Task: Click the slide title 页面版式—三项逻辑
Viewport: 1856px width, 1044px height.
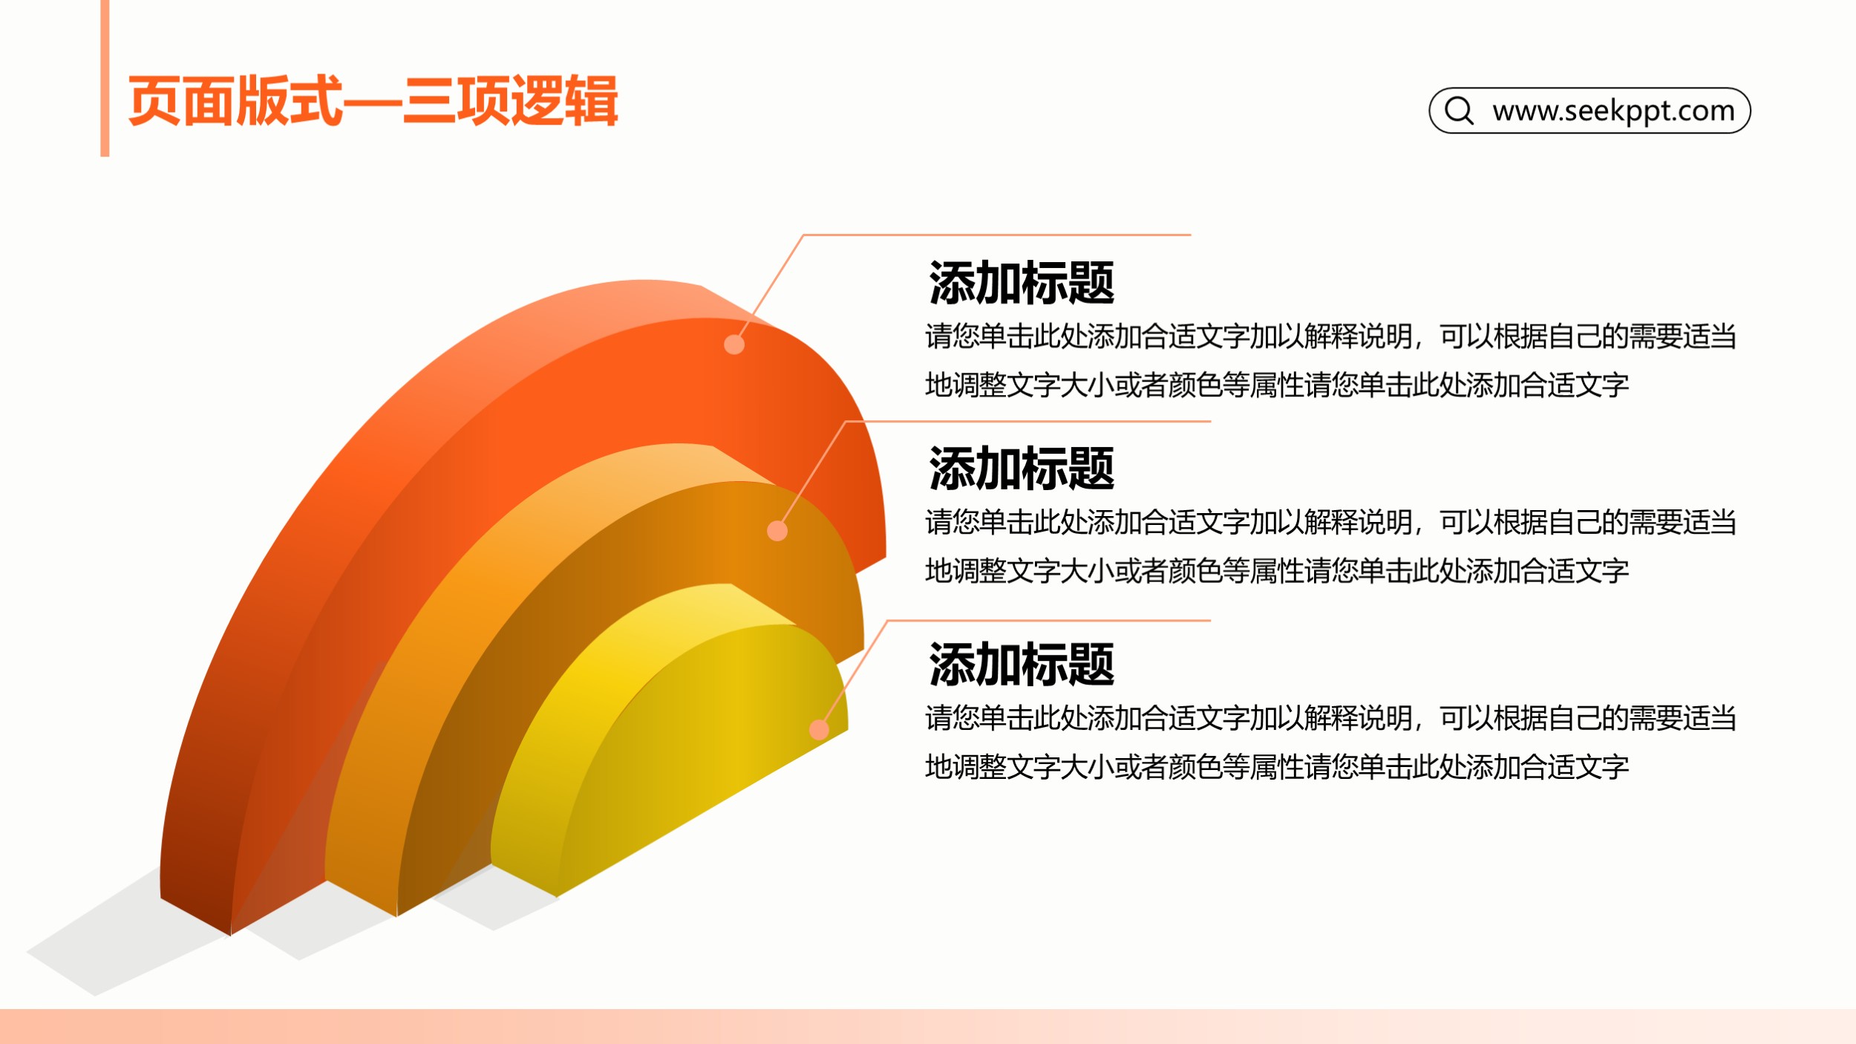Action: (373, 101)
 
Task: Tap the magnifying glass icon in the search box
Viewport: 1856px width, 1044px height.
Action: (1459, 111)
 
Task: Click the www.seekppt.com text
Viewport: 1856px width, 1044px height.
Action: (1614, 111)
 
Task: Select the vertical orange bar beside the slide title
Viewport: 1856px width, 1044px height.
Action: (105, 78)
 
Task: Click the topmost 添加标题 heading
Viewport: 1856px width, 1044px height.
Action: (1022, 283)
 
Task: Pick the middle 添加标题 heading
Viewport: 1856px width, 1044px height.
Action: (1022, 469)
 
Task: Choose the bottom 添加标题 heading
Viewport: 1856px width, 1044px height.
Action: (1022, 665)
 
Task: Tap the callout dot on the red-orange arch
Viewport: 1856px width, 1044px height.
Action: (734, 345)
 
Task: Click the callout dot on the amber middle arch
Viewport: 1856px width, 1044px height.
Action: (777, 531)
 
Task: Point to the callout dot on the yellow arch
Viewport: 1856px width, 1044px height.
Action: (819, 730)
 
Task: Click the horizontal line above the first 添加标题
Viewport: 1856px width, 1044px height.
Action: (997, 235)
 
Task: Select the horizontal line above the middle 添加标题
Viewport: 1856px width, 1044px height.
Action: (1028, 421)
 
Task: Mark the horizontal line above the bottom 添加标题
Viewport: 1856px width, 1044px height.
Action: (1049, 620)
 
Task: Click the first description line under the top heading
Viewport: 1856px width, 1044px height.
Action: (1331, 336)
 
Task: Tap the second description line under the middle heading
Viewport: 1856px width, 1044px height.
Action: (1277, 571)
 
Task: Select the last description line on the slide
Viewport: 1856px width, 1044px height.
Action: (1277, 767)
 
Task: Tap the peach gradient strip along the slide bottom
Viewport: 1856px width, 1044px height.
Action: (928, 1026)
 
